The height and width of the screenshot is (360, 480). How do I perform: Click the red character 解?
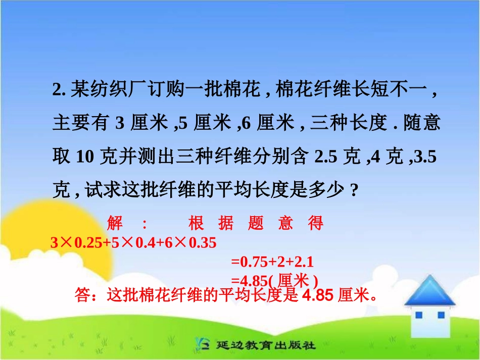pos(115,223)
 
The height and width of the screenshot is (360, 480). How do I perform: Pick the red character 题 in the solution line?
pos(256,223)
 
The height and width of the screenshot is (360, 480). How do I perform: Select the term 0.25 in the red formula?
pos(88,243)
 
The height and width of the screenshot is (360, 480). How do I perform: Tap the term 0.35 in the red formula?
pos(202,243)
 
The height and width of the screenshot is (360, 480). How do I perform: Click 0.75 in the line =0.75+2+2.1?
pos(251,262)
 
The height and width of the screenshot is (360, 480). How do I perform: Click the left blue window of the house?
pos(419,315)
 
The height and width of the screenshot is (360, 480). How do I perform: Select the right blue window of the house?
pos(441,315)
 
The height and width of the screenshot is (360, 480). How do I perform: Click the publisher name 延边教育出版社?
pos(266,346)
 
